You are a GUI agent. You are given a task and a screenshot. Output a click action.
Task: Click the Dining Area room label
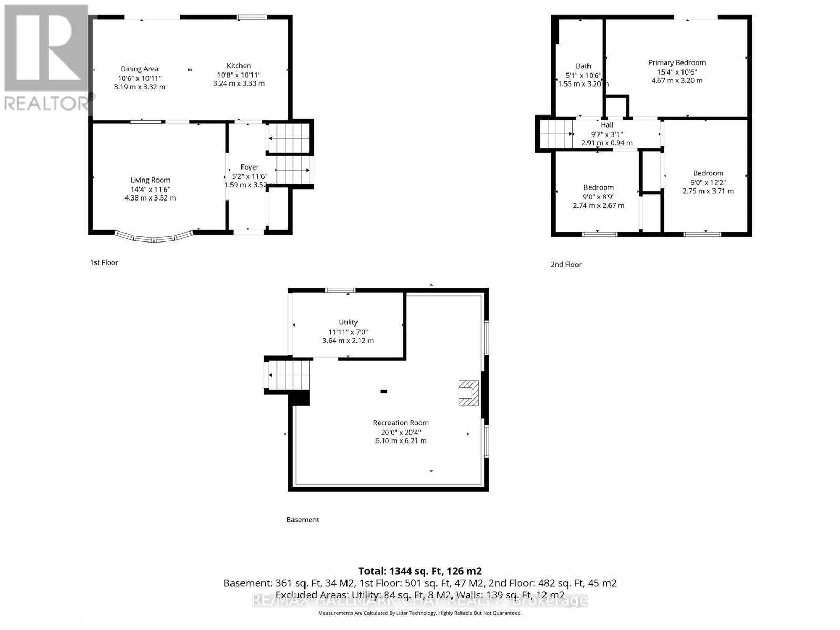tap(139, 69)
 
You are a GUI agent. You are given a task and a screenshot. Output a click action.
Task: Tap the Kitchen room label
tap(238, 66)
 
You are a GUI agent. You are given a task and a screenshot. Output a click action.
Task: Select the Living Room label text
tap(150, 180)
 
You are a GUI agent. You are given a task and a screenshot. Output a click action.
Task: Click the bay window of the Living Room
tap(153, 237)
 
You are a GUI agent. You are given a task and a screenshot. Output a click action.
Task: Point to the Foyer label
tap(249, 167)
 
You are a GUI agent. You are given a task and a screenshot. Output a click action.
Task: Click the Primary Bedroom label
tap(676, 62)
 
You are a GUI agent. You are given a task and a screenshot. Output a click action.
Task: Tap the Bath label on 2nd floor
tap(583, 66)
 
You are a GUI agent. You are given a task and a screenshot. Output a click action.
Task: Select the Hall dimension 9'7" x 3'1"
tap(606, 134)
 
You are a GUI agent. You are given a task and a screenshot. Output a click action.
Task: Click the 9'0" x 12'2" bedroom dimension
tap(708, 182)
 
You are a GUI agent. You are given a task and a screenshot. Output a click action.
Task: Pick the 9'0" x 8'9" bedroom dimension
tap(598, 197)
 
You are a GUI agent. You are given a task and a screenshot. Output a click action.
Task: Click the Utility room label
tap(348, 322)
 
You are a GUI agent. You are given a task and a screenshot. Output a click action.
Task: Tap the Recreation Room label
tap(401, 423)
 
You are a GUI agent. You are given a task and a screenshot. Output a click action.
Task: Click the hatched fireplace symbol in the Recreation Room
tap(468, 393)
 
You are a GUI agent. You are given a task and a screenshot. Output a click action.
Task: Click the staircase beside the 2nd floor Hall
tap(555, 134)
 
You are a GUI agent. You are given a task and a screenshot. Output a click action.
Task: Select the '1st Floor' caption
tap(104, 262)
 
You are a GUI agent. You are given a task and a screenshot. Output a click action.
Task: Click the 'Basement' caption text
tap(302, 520)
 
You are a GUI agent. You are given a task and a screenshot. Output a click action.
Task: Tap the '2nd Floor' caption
tap(565, 265)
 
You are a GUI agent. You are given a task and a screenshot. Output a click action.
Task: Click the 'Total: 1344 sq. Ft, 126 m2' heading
tap(419, 571)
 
